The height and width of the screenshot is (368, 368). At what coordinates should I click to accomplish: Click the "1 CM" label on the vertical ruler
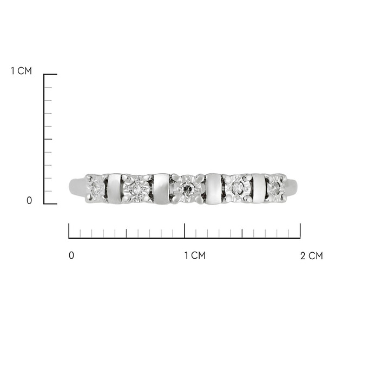pyautogui.click(x=21, y=71)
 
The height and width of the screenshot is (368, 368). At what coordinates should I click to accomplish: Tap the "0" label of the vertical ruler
pyautogui.click(x=29, y=200)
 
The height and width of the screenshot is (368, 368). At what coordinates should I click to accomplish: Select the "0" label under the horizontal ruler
pyautogui.click(x=71, y=255)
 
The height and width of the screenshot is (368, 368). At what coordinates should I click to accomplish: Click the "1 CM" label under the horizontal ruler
pyautogui.click(x=195, y=255)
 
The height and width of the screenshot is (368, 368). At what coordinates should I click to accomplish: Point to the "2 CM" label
pyautogui.click(x=312, y=255)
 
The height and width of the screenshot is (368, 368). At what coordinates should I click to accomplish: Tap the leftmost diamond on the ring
pyautogui.click(x=96, y=188)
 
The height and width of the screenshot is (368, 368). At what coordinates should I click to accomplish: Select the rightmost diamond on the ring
pyautogui.click(x=275, y=188)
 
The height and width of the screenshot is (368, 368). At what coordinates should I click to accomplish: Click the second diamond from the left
pyautogui.click(x=136, y=188)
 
